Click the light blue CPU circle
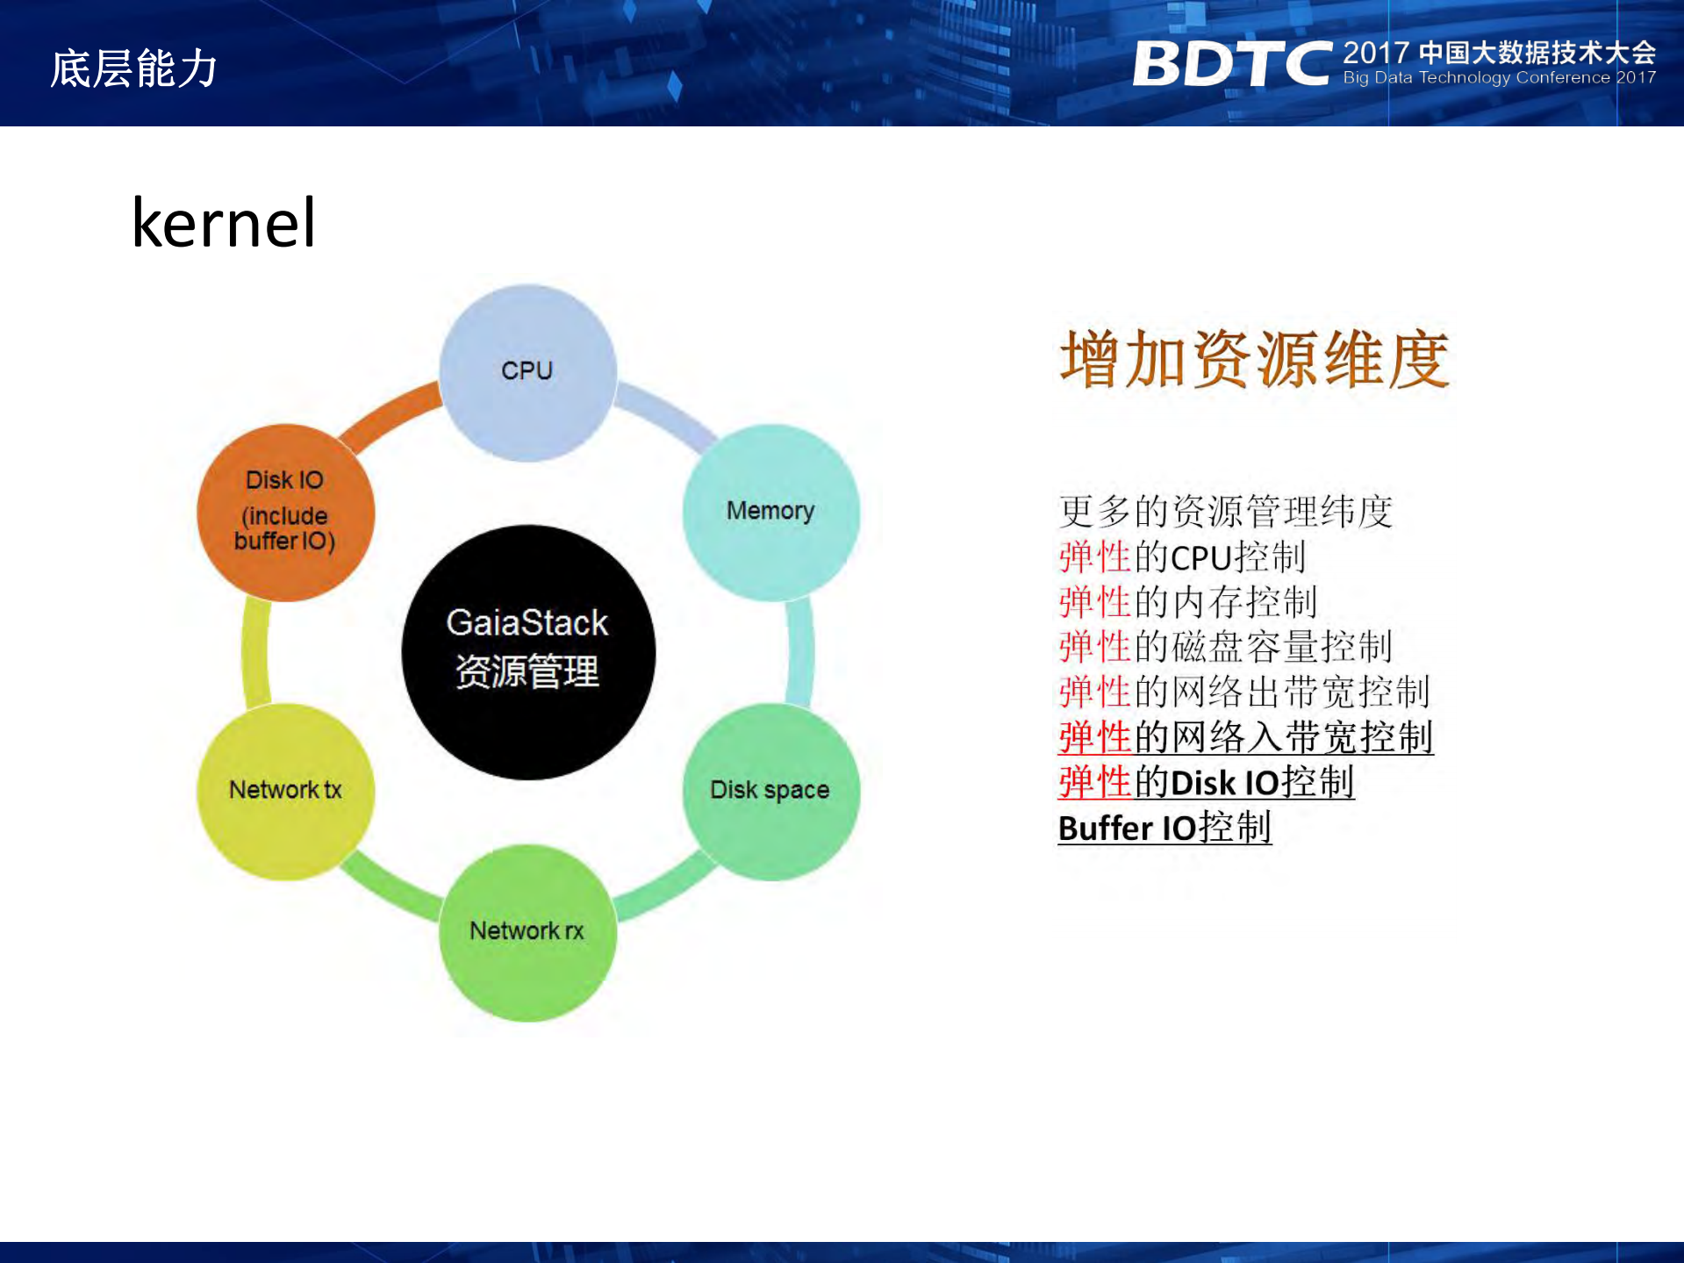(x=527, y=373)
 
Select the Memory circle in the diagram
(x=771, y=513)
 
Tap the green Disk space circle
(x=771, y=792)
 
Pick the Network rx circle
(x=527, y=932)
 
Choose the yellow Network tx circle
(x=285, y=792)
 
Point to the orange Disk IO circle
(x=285, y=513)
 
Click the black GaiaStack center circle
(x=528, y=652)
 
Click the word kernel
(x=223, y=222)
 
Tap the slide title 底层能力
(x=133, y=68)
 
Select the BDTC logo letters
(x=1232, y=63)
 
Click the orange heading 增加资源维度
(x=1254, y=359)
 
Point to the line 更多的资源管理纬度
(x=1226, y=512)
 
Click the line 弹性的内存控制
(x=1188, y=602)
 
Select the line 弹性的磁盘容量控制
(x=1226, y=647)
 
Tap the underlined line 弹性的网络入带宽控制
(x=1245, y=736)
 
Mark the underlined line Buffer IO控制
(x=1164, y=828)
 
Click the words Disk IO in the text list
(x=1224, y=782)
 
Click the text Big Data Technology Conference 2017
(x=1499, y=77)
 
